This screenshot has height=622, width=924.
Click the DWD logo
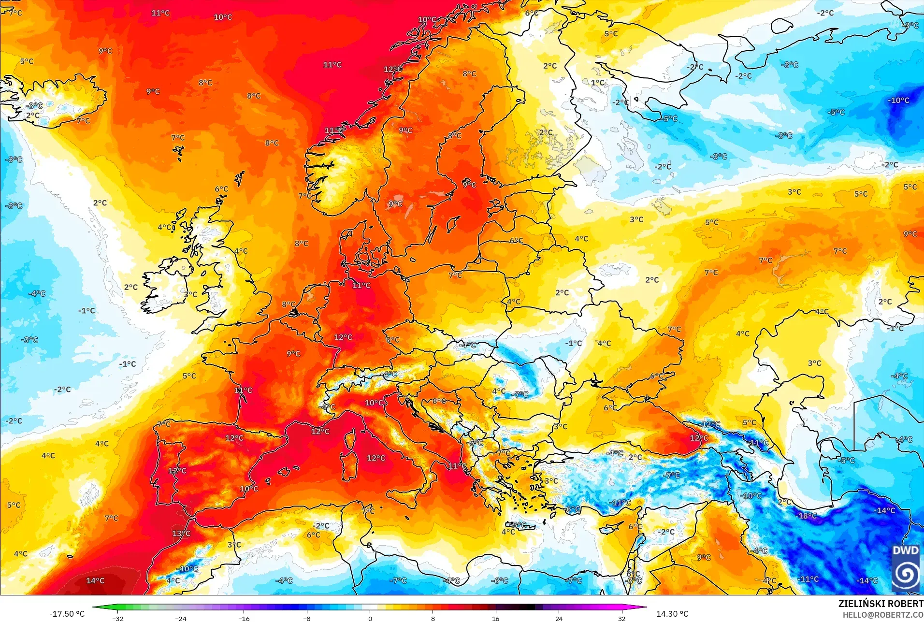click(x=906, y=568)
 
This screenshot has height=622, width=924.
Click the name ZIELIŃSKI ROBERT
click(x=881, y=604)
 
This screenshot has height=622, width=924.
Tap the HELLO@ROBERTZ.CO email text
click(x=883, y=615)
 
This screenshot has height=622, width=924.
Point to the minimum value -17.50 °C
click(x=67, y=614)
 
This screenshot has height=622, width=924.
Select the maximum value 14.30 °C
click(x=672, y=614)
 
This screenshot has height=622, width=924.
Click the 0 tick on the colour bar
click(x=370, y=618)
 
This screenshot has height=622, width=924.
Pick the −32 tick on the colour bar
click(x=118, y=618)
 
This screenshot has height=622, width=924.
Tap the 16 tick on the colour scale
click(x=495, y=618)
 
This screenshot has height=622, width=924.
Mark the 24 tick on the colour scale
click(x=559, y=618)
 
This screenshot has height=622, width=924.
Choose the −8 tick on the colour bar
click(x=307, y=618)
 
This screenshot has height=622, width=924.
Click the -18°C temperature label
click(x=806, y=516)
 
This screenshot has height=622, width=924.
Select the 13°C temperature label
click(x=181, y=534)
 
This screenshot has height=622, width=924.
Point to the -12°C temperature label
click(x=710, y=424)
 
